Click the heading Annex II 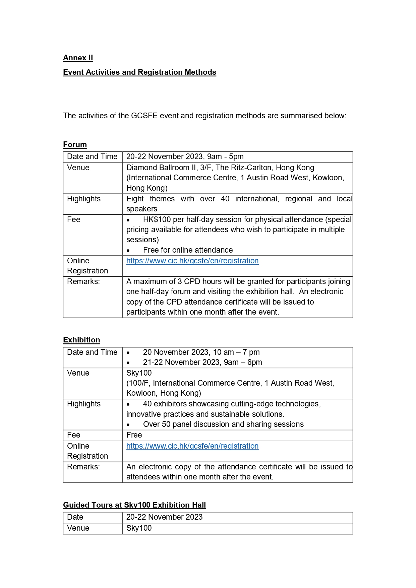click(78, 58)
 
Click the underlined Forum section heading click(75, 145)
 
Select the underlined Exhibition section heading click(81, 340)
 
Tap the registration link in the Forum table click(192, 261)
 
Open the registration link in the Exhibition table click(192, 446)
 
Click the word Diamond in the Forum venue click(141, 168)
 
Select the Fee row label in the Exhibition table click(74, 435)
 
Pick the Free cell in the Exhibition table click(134, 435)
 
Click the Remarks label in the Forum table click(83, 282)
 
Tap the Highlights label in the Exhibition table click(84, 404)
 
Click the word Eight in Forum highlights click(135, 199)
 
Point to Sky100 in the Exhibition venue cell click(139, 373)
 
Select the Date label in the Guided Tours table click(75, 517)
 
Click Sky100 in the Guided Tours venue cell click(139, 528)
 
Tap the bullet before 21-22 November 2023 click(128, 363)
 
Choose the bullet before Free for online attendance click(128, 251)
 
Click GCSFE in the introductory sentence click(144, 116)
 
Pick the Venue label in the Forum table click(78, 168)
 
